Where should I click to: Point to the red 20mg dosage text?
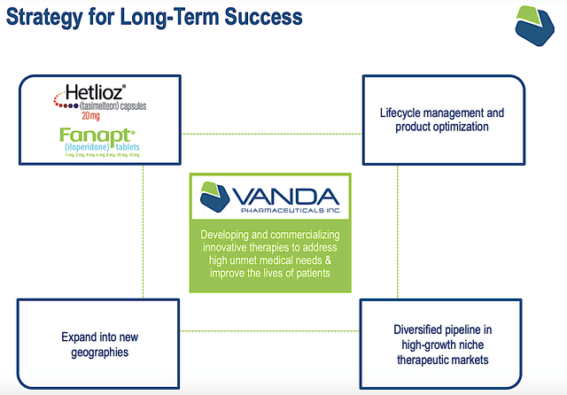92,115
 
